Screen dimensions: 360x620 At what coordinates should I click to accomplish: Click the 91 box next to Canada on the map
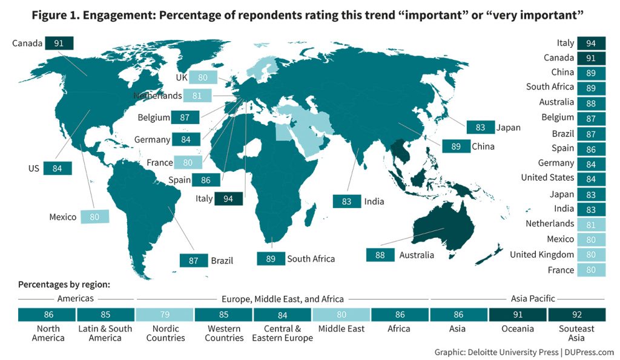point(59,43)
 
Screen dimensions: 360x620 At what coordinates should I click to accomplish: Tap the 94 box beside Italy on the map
point(228,198)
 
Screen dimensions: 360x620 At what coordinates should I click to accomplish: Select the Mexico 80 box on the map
point(94,217)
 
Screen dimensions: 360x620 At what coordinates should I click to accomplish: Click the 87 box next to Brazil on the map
point(194,261)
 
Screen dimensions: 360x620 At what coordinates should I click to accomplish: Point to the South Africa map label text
point(311,258)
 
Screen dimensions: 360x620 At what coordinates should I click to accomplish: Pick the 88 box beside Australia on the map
point(380,255)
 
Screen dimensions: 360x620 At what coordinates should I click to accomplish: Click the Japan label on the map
point(508,128)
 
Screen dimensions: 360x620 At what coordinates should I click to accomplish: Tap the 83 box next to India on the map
point(347,201)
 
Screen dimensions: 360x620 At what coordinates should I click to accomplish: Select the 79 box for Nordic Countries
point(165,315)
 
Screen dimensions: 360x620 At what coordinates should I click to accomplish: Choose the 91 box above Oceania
point(518,315)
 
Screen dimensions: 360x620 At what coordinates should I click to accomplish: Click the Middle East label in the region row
point(341,329)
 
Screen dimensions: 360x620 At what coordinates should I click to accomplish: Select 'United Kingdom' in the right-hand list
point(541,255)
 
